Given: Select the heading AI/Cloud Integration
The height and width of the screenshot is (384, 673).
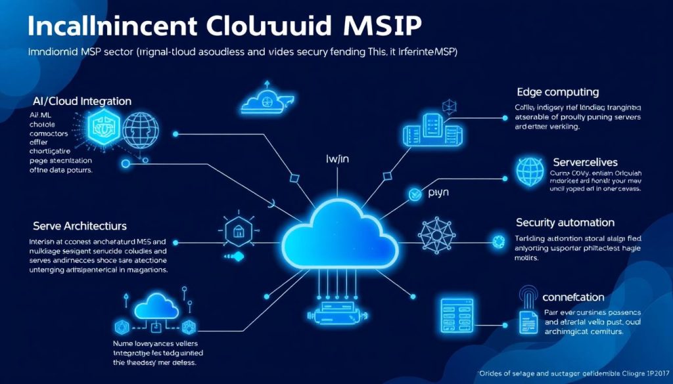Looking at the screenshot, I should (x=82, y=101).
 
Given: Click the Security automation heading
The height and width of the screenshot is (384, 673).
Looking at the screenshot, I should (x=565, y=223).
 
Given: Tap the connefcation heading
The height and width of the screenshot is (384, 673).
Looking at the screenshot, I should (x=574, y=297).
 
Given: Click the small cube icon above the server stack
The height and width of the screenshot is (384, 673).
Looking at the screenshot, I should (x=450, y=105).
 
